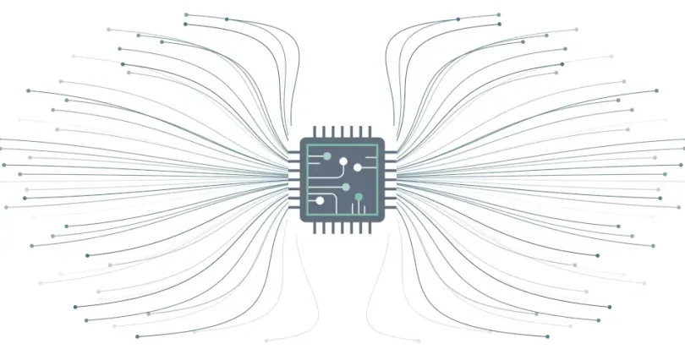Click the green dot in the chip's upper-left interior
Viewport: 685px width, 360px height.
click(x=327, y=156)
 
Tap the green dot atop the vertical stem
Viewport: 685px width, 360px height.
click(x=359, y=197)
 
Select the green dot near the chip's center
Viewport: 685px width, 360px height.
click(x=346, y=187)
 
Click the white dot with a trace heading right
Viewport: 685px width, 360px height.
click(x=357, y=167)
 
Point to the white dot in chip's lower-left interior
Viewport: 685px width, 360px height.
click(x=320, y=201)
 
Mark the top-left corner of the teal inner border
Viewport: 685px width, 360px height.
click(x=309, y=145)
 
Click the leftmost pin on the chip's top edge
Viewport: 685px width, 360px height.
click(x=315, y=132)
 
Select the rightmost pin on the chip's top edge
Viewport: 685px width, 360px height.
click(x=370, y=132)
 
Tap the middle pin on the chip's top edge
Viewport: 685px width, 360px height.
click(x=342, y=132)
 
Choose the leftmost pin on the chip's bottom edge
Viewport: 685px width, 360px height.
click(x=315, y=229)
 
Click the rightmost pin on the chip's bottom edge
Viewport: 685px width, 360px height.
click(x=370, y=229)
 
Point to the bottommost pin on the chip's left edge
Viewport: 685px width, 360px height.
click(x=294, y=208)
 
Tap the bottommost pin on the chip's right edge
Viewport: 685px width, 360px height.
click(x=391, y=208)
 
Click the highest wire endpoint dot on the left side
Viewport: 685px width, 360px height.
click(x=186, y=14)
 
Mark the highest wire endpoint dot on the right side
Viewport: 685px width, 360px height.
click(x=499, y=14)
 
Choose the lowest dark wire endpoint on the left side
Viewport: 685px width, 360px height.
click(x=137, y=336)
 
